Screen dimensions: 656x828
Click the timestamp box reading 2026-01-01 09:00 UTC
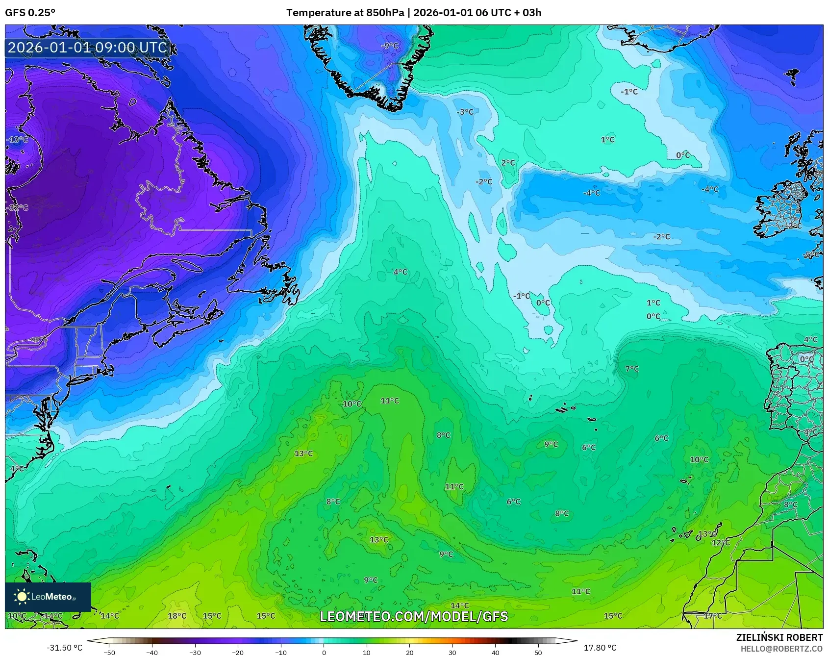pyautogui.click(x=88, y=48)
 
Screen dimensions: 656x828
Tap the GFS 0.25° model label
pyautogui.click(x=30, y=13)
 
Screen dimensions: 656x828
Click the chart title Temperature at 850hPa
pyautogui.click(x=345, y=13)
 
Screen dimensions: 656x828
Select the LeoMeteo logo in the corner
pyautogui.click(x=48, y=597)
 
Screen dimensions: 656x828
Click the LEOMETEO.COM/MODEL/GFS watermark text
pyautogui.click(x=414, y=616)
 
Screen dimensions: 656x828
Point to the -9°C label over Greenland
pyautogui.click(x=390, y=46)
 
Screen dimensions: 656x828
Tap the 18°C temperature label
pyautogui.click(x=177, y=616)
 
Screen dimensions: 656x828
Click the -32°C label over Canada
pyautogui.click(x=18, y=208)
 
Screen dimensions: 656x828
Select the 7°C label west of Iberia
pyautogui.click(x=632, y=369)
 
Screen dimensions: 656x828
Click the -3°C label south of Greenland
pyautogui.click(x=465, y=112)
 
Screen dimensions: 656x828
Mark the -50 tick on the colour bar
pyautogui.click(x=110, y=653)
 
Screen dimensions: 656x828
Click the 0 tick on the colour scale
pyautogui.click(x=324, y=653)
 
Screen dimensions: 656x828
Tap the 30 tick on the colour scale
pyautogui.click(x=452, y=653)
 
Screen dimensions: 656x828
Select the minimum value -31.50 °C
pyautogui.click(x=64, y=648)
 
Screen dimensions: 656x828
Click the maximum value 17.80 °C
pyautogui.click(x=600, y=648)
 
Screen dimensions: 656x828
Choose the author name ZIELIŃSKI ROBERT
pyautogui.click(x=779, y=637)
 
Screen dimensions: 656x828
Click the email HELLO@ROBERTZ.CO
pyautogui.click(x=781, y=649)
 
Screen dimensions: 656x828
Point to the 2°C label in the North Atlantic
pyautogui.click(x=508, y=163)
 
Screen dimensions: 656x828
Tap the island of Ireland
pyautogui.click(x=782, y=211)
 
